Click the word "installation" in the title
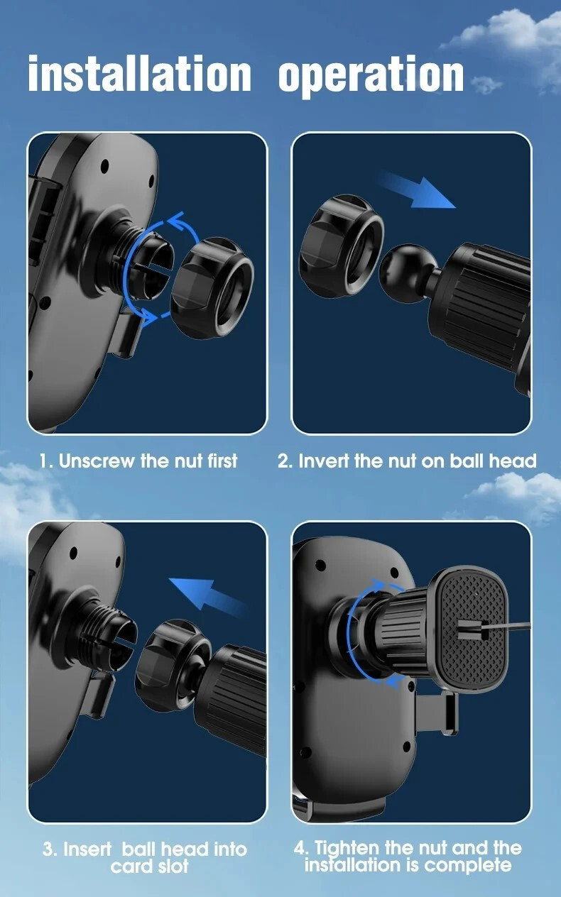point(139,73)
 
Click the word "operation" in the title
point(371,76)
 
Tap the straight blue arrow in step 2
point(417,189)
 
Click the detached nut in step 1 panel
point(212,288)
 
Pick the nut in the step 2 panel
point(342,246)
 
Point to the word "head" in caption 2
point(513,461)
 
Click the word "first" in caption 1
point(222,461)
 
